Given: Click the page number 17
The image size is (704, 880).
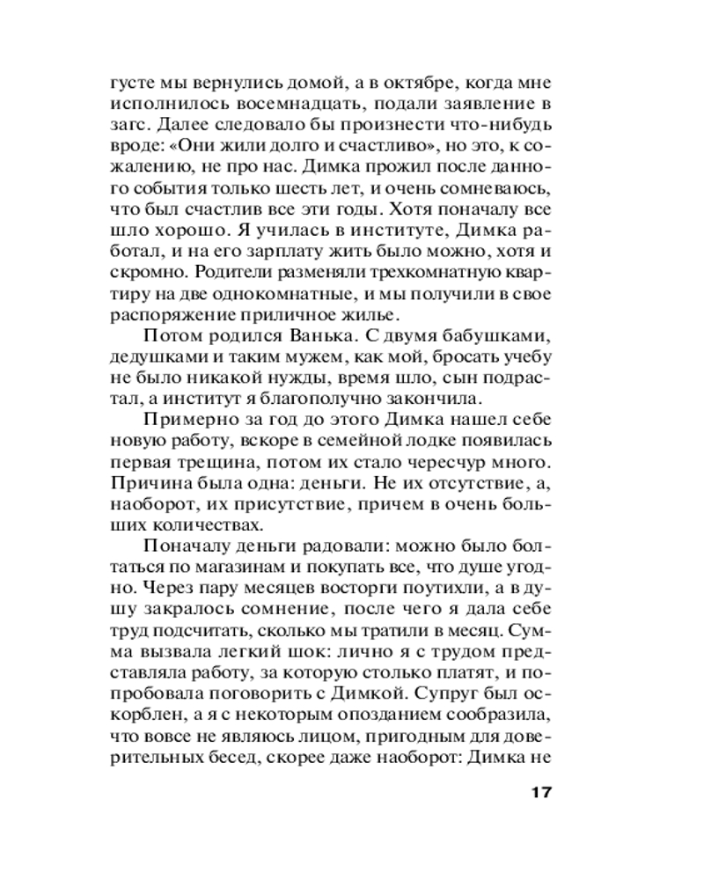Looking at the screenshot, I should pos(539,791).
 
